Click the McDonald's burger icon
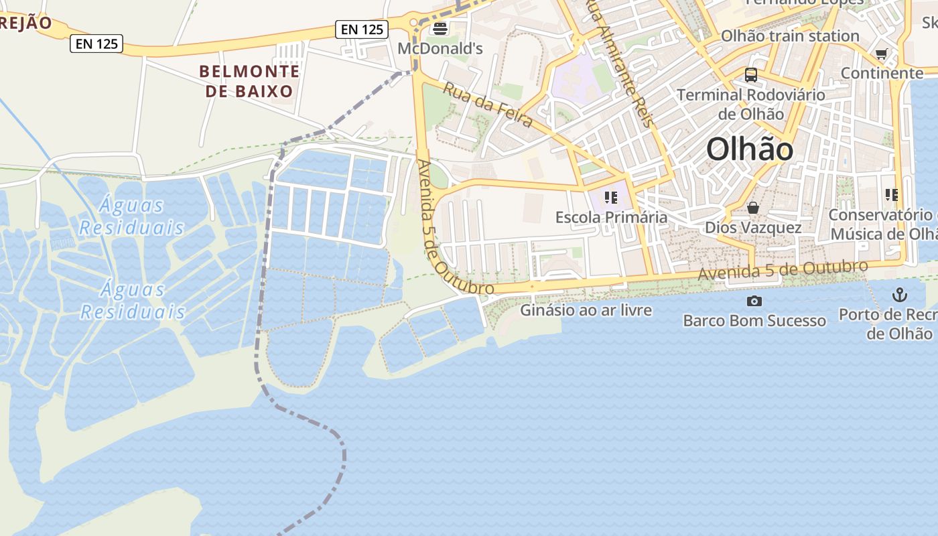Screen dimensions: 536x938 coord(440,28)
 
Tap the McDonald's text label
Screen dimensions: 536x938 coord(440,48)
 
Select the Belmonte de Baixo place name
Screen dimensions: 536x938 coord(249,81)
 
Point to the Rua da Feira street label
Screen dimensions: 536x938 coord(488,105)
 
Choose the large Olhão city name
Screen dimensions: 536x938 coord(750,149)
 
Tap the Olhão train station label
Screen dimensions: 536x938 coord(790,36)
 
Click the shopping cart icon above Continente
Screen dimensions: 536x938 coord(882,54)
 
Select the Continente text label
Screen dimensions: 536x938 coord(882,72)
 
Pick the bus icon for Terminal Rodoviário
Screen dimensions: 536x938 coord(751,75)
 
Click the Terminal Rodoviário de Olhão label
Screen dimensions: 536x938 coord(751,104)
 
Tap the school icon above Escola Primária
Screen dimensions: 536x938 coord(610,197)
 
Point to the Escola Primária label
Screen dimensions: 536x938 coord(611,217)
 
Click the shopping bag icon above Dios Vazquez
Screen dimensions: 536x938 coord(753,208)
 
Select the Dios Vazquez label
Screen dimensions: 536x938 coord(753,228)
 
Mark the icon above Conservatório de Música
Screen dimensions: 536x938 coord(891,195)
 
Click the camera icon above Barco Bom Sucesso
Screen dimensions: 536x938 coord(754,301)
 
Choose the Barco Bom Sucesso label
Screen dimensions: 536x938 coord(754,320)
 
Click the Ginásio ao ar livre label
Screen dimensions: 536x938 coord(586,310)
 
